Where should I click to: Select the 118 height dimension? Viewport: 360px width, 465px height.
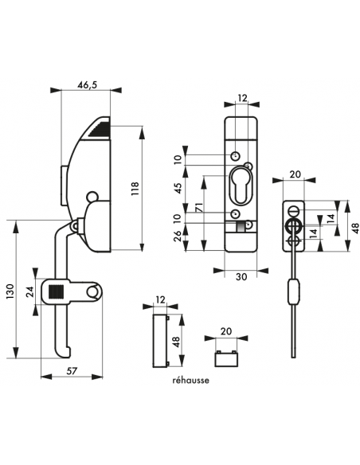point(145,187)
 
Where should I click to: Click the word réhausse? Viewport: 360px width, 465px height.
point(190,381)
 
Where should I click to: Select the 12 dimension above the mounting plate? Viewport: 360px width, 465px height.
point(242,100)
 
